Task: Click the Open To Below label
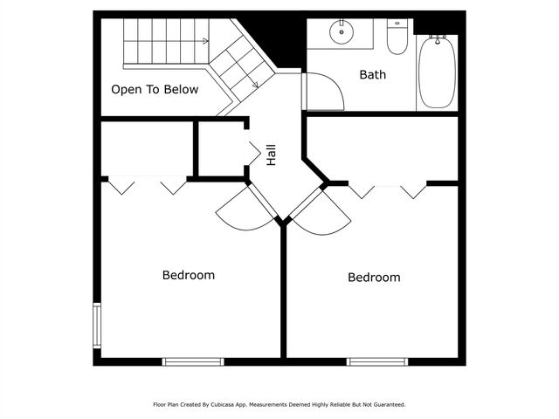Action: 155,89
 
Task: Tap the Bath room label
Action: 373,74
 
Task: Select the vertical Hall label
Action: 272,155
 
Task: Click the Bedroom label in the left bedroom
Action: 189,275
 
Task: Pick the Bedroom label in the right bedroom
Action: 374,278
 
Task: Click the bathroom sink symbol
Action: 342,33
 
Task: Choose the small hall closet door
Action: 254,153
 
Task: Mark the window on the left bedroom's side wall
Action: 97,325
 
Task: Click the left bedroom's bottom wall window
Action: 193,361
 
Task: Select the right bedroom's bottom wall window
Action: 377,361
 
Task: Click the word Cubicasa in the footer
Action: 224,404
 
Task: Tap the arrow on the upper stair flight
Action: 205,40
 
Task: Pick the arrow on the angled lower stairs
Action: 253,85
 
